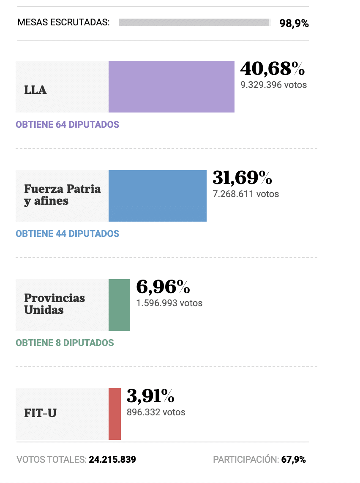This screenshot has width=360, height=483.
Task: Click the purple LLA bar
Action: [171, 87]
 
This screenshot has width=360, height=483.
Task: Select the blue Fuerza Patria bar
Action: [157, 196]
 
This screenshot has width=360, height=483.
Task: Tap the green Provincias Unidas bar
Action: [119, 305]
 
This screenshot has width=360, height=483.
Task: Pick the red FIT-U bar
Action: [115, 414]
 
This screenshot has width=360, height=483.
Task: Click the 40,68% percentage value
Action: [272, 68]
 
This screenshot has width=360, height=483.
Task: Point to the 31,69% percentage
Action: [242, 178]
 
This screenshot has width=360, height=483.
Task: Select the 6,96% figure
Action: [163, 287]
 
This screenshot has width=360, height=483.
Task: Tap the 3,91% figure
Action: [150, 396]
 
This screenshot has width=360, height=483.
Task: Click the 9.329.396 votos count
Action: [273, 85]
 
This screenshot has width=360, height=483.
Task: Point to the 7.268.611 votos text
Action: [245, 194]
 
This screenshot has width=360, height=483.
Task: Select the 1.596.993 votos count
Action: [169, 303]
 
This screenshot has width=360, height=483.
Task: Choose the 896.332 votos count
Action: [156, 412]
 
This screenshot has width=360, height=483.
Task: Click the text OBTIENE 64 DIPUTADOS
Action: [67, 125]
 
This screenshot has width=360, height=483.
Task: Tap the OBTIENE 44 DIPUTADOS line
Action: [67, 233]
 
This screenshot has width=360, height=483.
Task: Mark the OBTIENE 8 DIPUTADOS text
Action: [65, 343]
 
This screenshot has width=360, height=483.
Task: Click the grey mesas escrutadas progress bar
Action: [194, 22]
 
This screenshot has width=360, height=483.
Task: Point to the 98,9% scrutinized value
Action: [294, 23]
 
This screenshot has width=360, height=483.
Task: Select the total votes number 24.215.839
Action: [112, 459]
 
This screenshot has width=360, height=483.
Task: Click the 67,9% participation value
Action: [294, 459]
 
